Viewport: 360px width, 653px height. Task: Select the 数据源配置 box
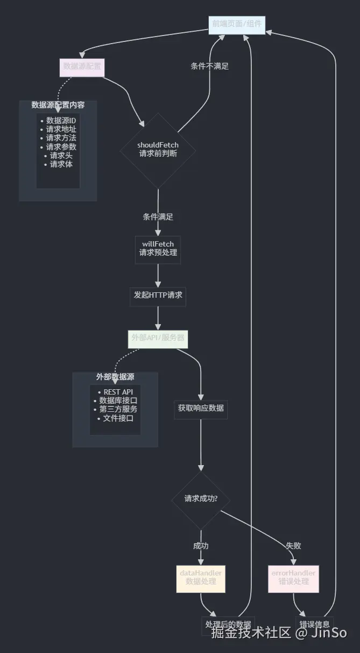[81, 67]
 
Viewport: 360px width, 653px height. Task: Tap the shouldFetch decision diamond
[158, 149]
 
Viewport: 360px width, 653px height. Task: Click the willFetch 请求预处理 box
[158, 249]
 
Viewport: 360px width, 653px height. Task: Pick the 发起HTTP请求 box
[158, 296]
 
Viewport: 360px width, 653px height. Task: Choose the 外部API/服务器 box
[158, 339]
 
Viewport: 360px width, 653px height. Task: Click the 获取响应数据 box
[201, 409]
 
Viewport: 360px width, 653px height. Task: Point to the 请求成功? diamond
[201, 498]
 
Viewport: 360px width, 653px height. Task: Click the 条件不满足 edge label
[209, 66]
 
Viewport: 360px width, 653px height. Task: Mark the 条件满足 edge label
[158, 217]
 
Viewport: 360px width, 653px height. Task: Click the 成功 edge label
[201, 546]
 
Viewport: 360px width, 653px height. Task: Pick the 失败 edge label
[293, 546]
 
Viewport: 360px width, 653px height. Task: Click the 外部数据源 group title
[115, 377]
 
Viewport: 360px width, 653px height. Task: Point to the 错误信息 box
[314, 624]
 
